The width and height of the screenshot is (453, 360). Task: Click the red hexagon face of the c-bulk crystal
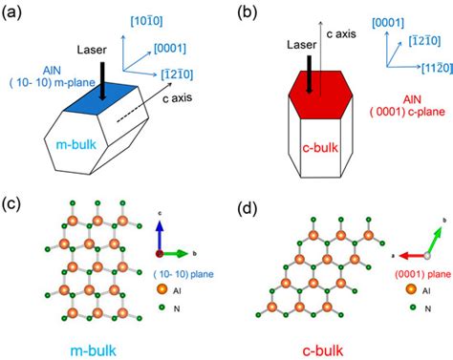310,97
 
